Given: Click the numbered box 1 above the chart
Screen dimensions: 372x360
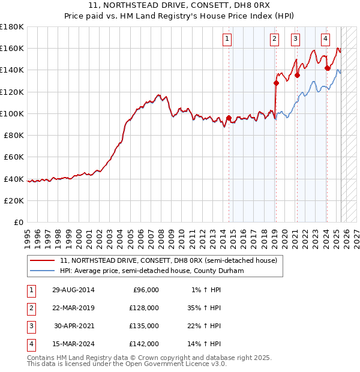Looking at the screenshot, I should (228, 40).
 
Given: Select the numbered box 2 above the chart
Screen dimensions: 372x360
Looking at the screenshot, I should (274, 40).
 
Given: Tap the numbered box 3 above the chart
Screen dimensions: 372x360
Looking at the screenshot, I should (296, 40).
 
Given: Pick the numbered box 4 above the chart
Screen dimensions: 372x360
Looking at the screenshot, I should (325, 40).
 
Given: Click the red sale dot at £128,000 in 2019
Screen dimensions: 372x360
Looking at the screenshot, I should (276, 83).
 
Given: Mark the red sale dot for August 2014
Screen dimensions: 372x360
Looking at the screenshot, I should (229, 118).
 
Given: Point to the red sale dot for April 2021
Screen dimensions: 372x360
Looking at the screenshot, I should (297, 76).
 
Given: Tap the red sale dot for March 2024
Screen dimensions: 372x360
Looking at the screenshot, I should (327, 68).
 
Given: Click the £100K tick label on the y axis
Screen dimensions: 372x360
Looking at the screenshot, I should (12, 113).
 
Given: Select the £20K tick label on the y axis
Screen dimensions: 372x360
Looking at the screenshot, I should (14, 200).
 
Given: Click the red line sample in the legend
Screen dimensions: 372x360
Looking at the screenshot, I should (41, 261).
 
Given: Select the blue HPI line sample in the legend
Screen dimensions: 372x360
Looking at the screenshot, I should (41, 271).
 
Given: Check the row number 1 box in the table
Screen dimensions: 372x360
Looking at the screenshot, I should (30, 290).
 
